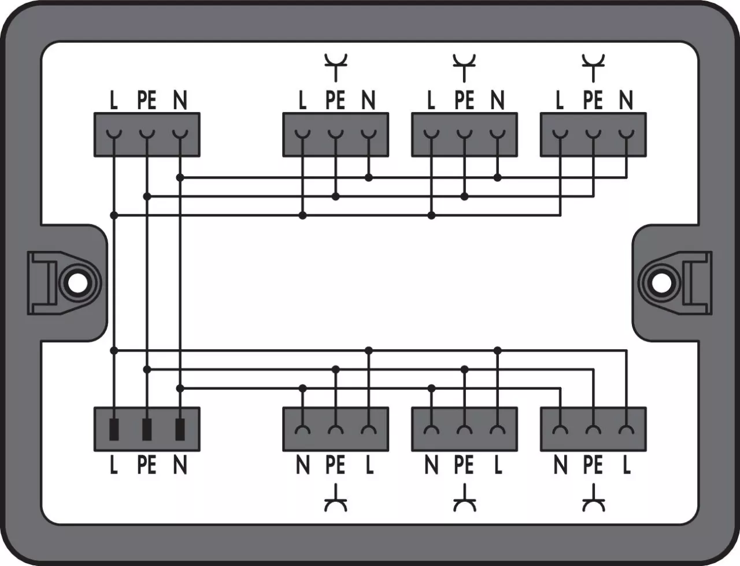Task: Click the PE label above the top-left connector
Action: click(147, 100)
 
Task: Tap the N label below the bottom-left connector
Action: click(180, 465)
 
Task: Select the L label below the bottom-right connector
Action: click(626, 465)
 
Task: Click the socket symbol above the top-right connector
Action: click(593, 68)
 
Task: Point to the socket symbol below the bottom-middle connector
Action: click(465, 498)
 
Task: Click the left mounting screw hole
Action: click(77, 283)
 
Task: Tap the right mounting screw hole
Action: click(661, 283)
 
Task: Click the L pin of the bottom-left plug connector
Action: click(114, 430)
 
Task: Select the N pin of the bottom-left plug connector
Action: click(180, 430)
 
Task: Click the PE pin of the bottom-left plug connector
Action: click(147, 430)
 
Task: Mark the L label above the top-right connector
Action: click(560, 100)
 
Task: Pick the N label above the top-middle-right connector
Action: click(498, 100)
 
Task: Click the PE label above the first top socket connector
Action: click(335, 100)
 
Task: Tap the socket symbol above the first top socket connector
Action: click(336, 68)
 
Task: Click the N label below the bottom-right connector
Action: click(560, 465)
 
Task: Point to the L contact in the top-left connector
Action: click(114, 134)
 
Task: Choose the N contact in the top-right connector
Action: click(626, 134)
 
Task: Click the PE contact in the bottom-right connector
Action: click(593, 430)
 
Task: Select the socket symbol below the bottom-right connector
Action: click(593, 498)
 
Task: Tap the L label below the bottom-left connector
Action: click(114, 465)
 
